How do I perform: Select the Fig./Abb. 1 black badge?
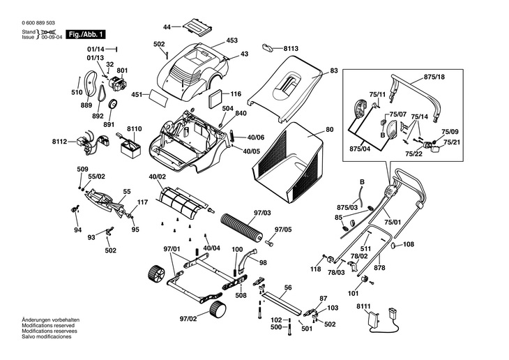coord(86,34)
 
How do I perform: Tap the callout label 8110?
coord(134,128)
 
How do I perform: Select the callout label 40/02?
coord(158,177)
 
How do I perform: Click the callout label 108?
coord(408,244)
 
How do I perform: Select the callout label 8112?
coord(59,142)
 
